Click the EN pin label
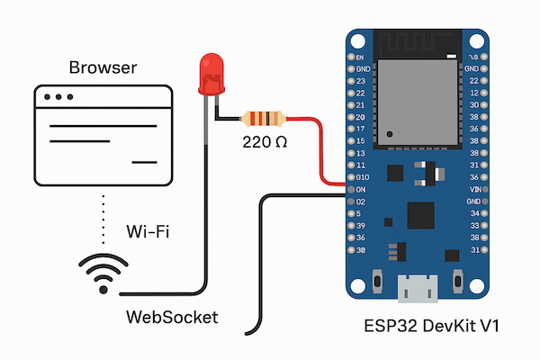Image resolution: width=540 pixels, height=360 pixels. [360, 57]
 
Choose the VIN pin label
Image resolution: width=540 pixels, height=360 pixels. [474, 190]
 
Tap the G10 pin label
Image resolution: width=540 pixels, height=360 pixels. [363, 177]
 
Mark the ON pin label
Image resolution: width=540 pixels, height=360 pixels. [361, 190]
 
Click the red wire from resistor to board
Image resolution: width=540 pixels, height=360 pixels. [325, 148]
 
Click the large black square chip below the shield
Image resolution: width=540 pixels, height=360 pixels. [420, 214]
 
